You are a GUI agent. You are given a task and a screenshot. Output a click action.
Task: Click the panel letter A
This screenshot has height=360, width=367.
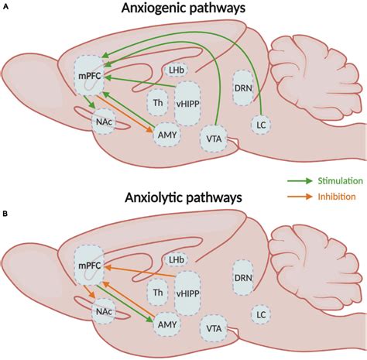coord(5,7)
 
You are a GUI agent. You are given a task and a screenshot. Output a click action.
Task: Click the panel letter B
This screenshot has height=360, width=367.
coord(5,214)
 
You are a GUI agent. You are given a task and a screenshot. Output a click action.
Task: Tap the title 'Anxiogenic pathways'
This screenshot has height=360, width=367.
coord(183,9)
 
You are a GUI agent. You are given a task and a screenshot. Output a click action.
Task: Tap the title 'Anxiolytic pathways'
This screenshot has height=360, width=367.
coord(183,198)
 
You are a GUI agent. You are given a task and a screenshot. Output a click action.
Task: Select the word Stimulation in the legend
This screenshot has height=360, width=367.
coord(340,181)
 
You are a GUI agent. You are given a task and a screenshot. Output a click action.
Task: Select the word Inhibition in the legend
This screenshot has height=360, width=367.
coord(337,197)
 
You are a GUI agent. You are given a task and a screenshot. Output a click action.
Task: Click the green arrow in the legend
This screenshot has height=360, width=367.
coord(300,181)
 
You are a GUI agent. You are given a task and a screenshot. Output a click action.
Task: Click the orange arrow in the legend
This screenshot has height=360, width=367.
coord(300,197)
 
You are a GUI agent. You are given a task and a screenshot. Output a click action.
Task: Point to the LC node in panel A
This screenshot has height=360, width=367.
coord(261,125)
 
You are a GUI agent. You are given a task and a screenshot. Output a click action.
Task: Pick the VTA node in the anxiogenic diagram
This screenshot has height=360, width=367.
coord(214,139)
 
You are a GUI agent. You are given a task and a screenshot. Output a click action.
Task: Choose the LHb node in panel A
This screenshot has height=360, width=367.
coord(177,70)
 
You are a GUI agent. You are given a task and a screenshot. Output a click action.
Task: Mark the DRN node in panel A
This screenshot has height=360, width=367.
coord(243,88)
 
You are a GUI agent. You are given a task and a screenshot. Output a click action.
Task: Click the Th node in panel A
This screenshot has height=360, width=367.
coord(158,103)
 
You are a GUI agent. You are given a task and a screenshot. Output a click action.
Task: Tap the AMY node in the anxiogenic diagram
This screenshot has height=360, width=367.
coord(167,135)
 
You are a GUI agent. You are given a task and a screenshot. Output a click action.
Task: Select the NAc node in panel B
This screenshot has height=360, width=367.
coord(104,311)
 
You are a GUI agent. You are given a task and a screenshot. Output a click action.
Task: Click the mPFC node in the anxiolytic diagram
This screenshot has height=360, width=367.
coord(89,266)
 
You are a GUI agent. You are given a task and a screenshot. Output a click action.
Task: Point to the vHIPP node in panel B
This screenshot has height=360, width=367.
coord(187,293)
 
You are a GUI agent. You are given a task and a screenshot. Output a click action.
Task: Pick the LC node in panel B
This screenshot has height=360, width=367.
coord(261,314)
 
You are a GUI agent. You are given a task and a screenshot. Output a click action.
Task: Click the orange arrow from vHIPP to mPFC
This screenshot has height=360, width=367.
coord(139,271)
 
